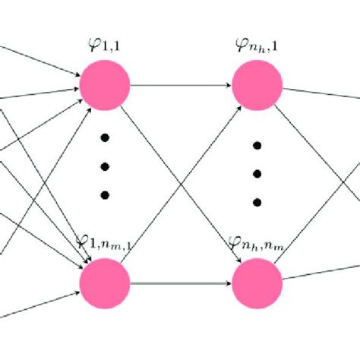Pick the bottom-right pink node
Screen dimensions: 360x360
[257, 282]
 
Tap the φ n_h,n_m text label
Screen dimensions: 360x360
[257, 245]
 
